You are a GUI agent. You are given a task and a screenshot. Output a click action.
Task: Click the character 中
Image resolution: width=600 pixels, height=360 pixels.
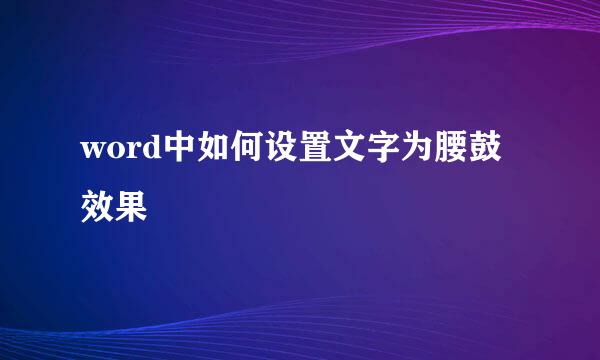181,153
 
